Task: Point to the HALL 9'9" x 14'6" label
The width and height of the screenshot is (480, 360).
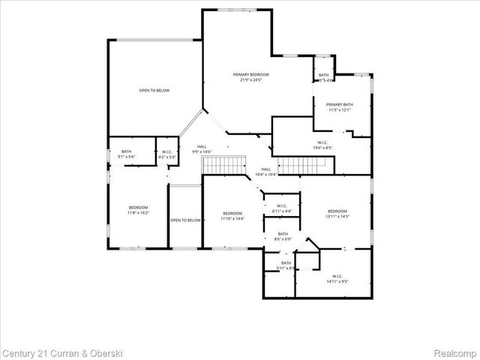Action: [202, 148]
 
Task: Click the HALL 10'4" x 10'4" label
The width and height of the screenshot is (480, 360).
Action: [266, 172]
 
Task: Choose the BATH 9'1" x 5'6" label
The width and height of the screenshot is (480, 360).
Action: [127, 154]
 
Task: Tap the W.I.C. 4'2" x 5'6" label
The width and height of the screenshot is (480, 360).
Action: [166, 155]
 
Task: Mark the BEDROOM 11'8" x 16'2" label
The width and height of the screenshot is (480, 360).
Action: [138, 210]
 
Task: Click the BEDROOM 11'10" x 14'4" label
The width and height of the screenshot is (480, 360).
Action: [232, 215]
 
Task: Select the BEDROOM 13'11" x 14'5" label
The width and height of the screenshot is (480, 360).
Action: [337, 214]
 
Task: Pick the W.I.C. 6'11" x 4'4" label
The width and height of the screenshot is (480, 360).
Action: [282, 208]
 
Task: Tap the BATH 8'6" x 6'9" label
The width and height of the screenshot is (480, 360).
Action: [283, 237]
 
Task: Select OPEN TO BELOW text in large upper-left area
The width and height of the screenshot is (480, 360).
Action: [154, 91]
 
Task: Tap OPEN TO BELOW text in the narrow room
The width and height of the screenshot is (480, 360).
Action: [185, 220]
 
